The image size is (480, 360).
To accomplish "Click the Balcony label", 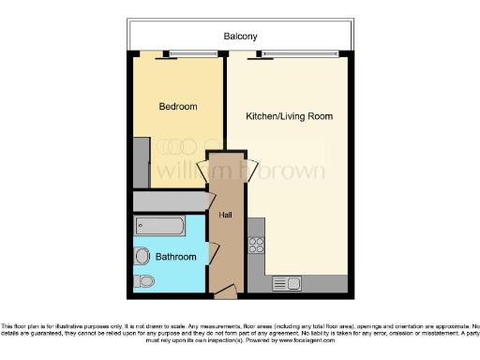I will (240, 37).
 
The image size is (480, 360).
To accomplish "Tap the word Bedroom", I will (177, 107).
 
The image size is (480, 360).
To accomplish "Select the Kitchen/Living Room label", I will (289, 117).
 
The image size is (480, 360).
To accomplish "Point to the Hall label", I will (225, 216).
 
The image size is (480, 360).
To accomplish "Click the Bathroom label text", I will (175, 257).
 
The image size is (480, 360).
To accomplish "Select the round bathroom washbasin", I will (142, 255).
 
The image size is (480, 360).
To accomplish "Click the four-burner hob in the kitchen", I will (256, 246).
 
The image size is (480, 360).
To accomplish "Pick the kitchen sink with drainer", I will (286, 283).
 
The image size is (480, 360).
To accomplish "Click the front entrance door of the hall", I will (224, 293).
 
